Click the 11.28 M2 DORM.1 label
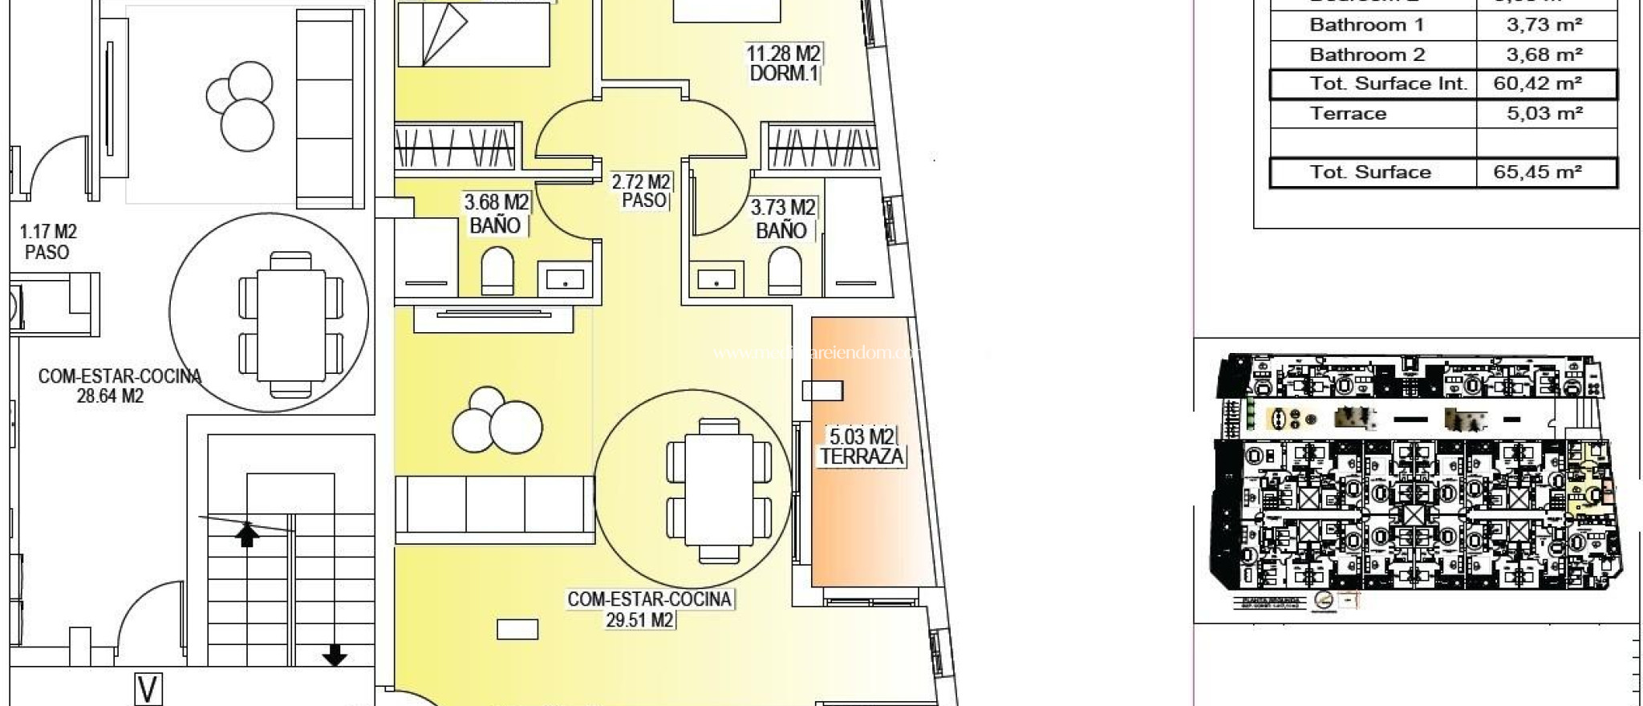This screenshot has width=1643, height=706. pyautogui.click(x=783, y=63)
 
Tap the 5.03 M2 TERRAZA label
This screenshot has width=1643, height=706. pyautogui.click(x=861, y=447)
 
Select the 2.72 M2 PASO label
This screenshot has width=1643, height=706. pyautogui.click(x=641, y=191)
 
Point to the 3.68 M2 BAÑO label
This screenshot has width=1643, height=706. pyautogui.click(x=496, y=214)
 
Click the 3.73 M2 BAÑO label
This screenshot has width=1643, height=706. pyautogui.click(x=782, y=219)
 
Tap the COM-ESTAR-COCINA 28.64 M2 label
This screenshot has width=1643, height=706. pyautogui.click(x=119, y=385)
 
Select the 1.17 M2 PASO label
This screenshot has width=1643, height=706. pyautogui.click(x=47, y=241)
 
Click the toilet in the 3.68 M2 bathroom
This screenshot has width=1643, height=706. pyautogui.click(x=497, y=271)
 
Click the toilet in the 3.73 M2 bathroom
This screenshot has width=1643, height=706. pyautogui.click(x=784, y=271)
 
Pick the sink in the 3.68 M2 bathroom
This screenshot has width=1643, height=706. pyautogui.click(x=566, y=278)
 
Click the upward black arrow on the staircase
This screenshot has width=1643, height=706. pyautogui.click(x=247, y=534)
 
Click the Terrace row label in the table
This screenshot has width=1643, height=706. pyautogui.click(x=1348, y=113)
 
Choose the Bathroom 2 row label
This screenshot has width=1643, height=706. pyautogui.click(x=1367, y=55)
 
